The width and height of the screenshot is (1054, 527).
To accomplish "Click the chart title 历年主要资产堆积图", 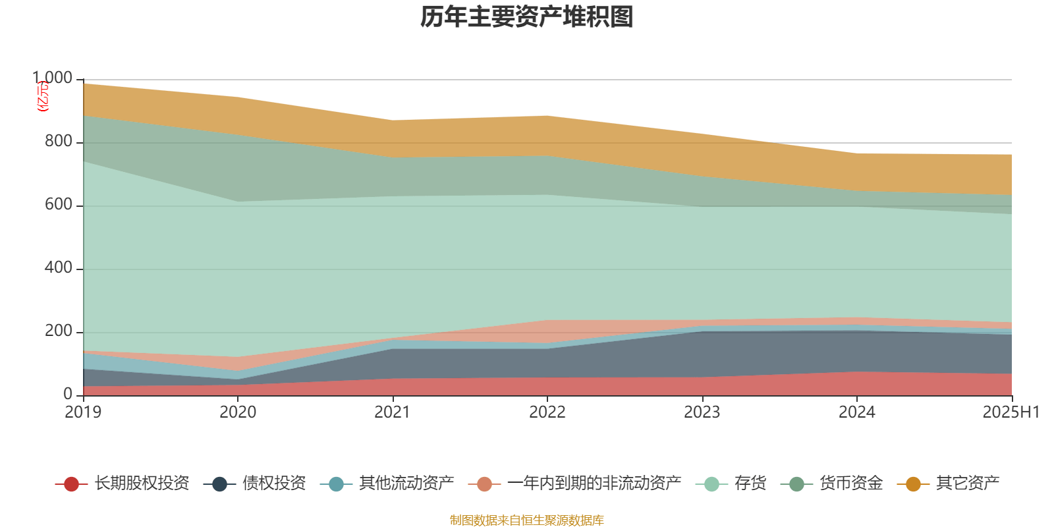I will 527,17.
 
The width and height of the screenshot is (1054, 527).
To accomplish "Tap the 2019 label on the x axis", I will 83,412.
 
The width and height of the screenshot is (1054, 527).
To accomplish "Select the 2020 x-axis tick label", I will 238,412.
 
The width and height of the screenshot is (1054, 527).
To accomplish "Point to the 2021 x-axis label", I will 393,412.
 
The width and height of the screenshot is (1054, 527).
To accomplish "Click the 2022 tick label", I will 547,412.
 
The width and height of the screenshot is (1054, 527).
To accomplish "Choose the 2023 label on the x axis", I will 702,412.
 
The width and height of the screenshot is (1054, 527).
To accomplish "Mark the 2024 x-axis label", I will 856,412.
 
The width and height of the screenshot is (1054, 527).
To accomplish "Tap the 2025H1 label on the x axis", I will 1011,412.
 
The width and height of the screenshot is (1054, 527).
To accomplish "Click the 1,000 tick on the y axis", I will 53,78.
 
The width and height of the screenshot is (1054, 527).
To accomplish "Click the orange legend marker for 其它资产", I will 913,484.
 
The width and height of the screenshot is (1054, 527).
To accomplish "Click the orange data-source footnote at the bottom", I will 526,520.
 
